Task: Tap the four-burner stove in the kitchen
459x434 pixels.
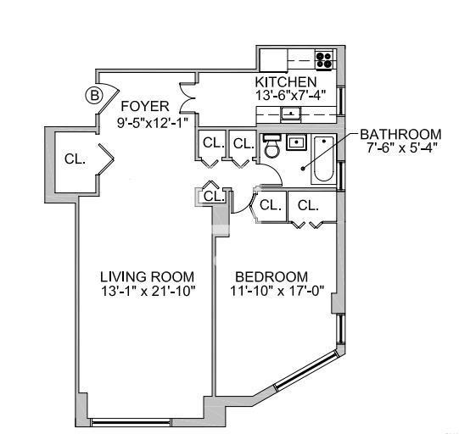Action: (x=325, y=59)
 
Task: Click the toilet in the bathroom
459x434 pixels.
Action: (x=272, y=148)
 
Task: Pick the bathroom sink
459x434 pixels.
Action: (x=296, y=143)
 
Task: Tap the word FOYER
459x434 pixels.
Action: (x=144, y=106)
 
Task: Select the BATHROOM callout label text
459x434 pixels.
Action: (x=400, y=134)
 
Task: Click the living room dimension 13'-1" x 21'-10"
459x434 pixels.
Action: (x=146, y=292)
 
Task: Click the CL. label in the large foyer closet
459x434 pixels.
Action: (x=75, y=159)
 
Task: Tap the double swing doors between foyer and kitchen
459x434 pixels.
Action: (x=188, y=102)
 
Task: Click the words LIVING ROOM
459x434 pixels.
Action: (x=146, y=277)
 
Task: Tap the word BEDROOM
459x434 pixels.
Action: (x=271, y=277)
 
